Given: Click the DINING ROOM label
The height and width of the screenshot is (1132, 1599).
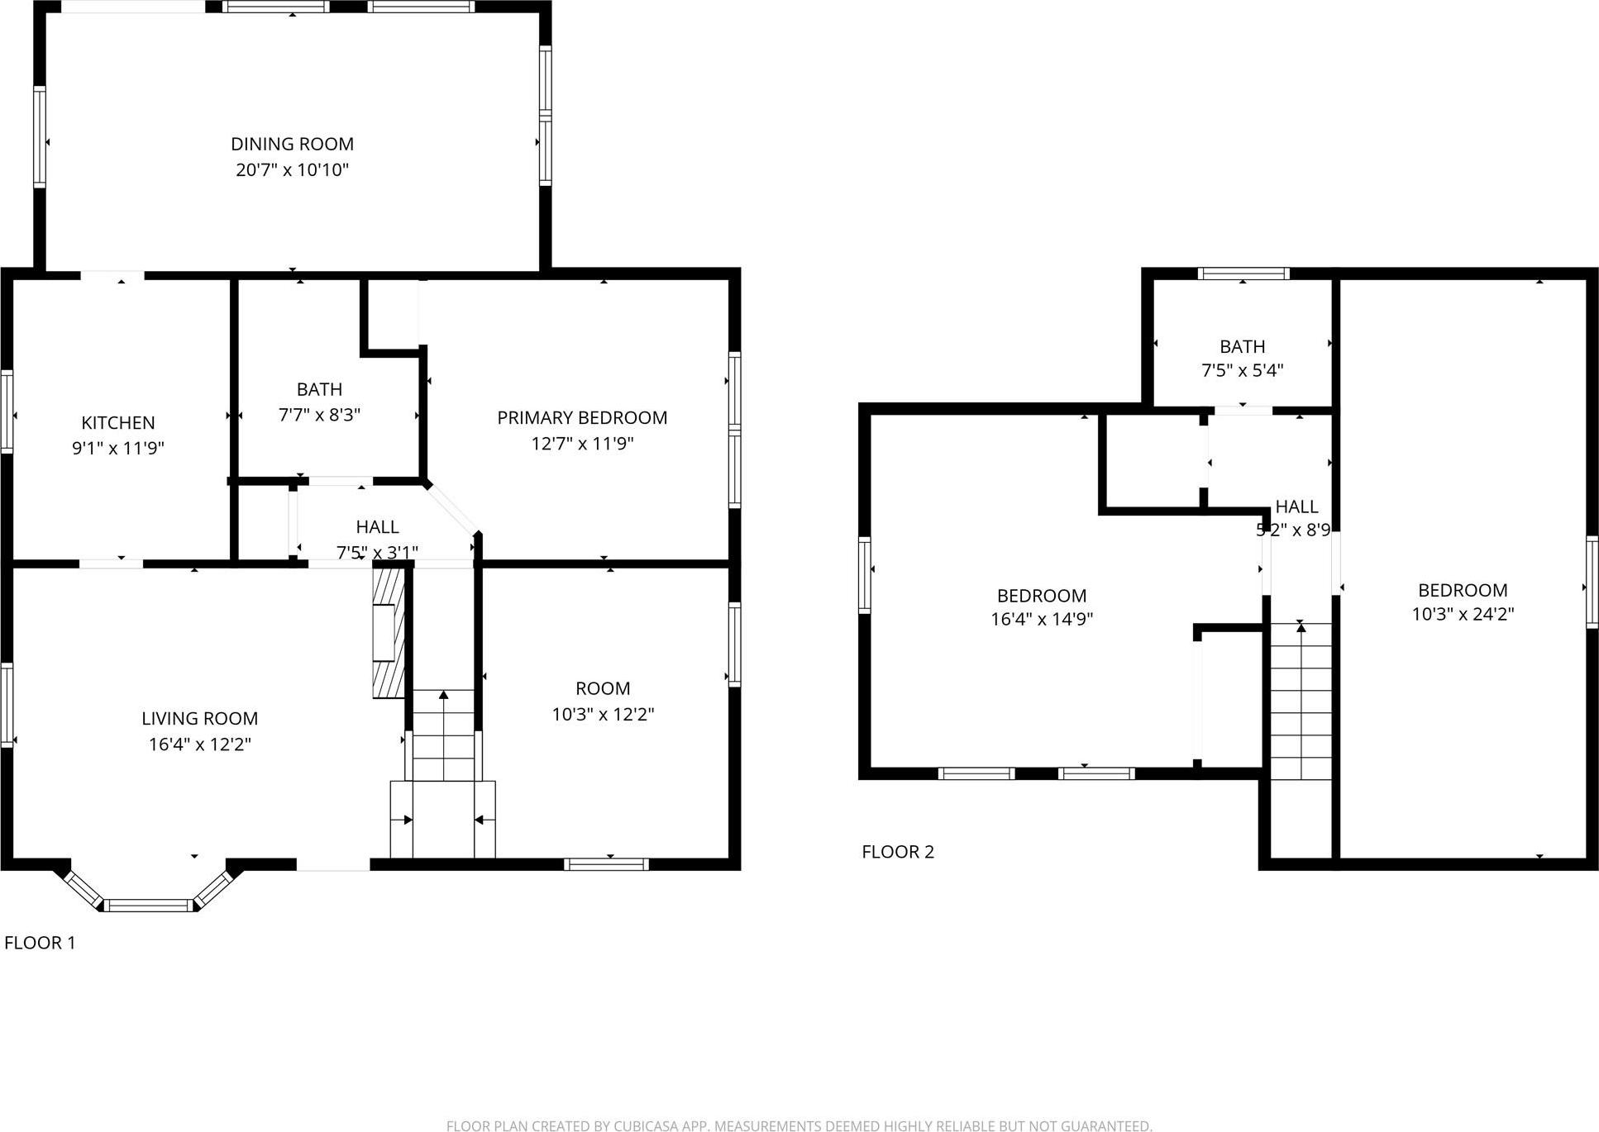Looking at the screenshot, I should point(292,144).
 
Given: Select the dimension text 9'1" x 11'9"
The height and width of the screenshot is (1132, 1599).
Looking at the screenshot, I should point(118,449).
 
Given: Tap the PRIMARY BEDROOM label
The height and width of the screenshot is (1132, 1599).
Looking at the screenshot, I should point(582,418).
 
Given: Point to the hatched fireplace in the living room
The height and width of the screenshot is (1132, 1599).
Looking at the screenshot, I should point(389,632).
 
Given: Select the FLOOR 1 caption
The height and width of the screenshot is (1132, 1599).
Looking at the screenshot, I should point(40,943).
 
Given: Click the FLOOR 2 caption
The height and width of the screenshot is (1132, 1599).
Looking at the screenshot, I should point(898,852).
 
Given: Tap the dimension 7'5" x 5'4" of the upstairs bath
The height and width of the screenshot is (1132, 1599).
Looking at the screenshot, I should point(1242,370).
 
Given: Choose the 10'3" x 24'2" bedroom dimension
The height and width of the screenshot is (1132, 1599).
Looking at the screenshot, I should point(1463,614).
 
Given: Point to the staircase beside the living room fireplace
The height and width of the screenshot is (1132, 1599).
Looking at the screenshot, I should point(444,735).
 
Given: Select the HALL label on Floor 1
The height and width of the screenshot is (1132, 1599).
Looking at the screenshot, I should point(377,527).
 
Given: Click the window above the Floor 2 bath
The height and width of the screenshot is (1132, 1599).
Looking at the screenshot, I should point(1243,273).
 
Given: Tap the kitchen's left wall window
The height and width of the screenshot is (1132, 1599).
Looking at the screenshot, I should point(7,411).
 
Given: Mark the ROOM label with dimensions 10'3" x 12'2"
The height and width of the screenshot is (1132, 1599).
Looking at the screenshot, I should point(603,688).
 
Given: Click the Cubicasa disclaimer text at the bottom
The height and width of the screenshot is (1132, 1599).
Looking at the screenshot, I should point(799,1125).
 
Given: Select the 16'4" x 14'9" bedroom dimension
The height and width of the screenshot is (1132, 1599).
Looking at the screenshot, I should point(1042,619).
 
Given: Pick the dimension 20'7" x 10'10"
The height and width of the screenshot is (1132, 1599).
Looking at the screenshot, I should point(292,170).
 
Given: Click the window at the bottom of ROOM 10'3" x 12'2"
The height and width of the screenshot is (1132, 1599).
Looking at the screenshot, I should point(606,864).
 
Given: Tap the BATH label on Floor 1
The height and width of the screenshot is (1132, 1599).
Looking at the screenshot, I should point(319,389).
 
